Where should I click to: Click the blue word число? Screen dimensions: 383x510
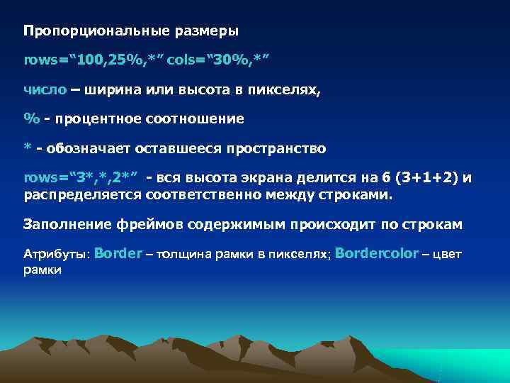tap(45, 90)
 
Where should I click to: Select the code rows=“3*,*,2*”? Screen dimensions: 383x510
tap(80, 177)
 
